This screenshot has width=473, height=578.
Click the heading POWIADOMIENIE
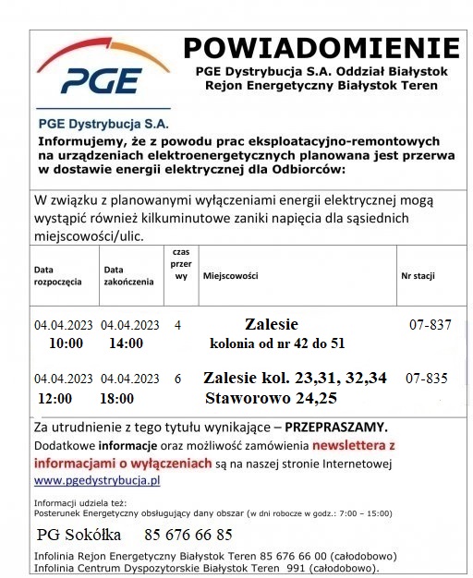click(321, 48)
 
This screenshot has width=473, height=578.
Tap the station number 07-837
click(429, 325)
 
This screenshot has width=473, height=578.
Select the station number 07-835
click(426, 379)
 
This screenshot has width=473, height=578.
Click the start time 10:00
click(66, 343)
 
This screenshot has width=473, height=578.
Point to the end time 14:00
click(126, 343)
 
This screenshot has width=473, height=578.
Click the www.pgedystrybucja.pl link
click(97, 480)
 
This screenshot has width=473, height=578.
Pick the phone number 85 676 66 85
click(188, 535)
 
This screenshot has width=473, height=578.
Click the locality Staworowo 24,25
click(271, 398)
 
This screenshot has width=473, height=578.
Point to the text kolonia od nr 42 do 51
click(277, 343)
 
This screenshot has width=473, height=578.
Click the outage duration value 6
click(177, 379)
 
